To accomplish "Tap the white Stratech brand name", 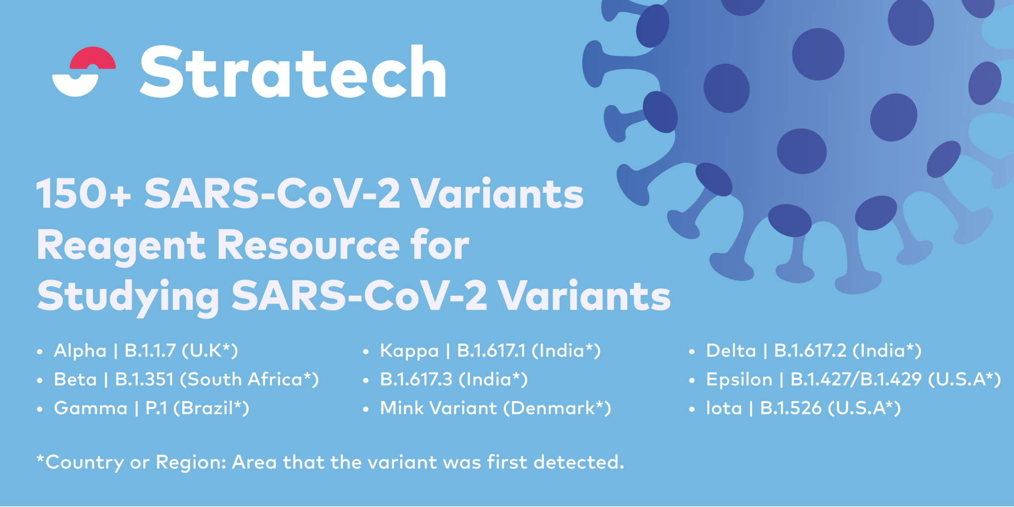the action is point(293,72).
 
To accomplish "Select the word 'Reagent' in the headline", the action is point(121,246).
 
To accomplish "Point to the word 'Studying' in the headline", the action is point(128,297).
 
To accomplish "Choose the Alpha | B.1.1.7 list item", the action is point(146,351).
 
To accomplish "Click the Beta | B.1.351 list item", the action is point(187,379).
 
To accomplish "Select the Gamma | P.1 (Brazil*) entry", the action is point(152,408).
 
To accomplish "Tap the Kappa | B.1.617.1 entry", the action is point(490,351).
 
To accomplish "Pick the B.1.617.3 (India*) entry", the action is point(454,379).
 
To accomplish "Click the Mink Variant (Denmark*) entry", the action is point(496,408).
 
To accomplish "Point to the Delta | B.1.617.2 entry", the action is point(814,351).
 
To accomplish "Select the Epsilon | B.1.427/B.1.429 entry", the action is point(854,379).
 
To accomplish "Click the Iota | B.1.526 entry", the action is point(804,408).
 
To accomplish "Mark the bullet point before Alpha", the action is point(40,352).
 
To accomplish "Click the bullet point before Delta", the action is point(692,352).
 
